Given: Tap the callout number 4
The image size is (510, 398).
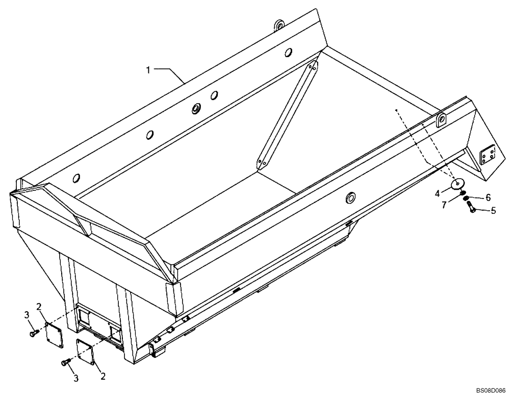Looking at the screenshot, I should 437,193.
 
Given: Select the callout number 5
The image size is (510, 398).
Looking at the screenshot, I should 493,210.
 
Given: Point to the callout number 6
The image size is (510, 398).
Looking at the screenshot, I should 488,197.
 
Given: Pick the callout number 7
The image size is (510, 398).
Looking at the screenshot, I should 445,205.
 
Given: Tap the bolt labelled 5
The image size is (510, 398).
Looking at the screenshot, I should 471,207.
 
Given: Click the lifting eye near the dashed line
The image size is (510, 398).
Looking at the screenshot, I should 441,120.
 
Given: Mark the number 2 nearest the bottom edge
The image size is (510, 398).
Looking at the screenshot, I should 103,377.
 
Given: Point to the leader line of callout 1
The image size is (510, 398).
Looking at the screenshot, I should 168,72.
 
